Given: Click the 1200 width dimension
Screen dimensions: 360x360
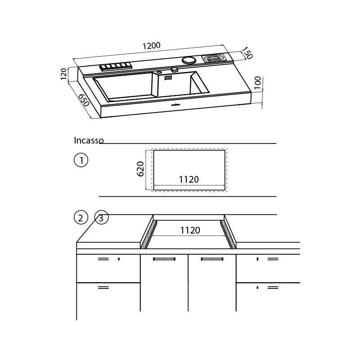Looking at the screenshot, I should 152,46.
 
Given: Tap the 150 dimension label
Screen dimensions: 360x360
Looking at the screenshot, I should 247,53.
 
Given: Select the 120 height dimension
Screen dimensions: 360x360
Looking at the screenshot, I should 64,73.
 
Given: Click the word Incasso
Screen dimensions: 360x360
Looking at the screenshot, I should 89,140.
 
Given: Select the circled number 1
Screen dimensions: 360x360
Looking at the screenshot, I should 81,160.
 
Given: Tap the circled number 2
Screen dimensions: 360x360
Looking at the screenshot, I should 81,218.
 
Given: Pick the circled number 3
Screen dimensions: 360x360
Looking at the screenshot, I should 101,218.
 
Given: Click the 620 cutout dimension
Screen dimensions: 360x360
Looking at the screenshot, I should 140,169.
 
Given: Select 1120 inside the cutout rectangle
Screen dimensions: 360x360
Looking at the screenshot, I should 189,180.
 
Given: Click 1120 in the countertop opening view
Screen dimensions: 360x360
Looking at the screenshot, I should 190,230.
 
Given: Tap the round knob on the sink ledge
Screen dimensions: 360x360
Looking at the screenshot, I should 189,60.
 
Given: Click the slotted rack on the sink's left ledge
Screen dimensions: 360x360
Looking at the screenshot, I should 115,67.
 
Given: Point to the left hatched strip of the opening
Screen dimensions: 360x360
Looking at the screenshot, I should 148,234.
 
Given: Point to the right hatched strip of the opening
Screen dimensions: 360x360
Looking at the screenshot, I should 228,234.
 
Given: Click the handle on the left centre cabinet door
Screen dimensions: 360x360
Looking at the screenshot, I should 164,259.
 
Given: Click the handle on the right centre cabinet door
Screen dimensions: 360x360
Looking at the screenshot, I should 212,259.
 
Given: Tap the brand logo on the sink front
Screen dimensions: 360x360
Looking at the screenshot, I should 176,106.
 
